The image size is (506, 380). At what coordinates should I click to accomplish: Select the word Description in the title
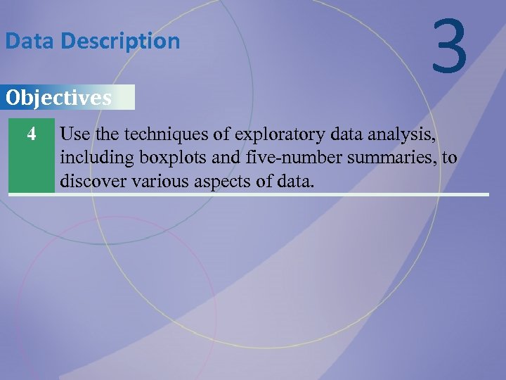point(120,42)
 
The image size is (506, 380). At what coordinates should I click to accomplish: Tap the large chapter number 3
point(450,47)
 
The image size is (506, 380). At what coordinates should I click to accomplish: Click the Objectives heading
point(58,98)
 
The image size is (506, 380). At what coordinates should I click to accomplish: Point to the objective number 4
point(31,133)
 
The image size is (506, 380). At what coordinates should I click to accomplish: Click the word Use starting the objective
point(74,133)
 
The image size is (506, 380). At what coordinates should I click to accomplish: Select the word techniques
point(153,133)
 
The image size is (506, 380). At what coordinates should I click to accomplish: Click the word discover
point(91,181)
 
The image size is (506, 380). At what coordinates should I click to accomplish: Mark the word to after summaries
point(449,158)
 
